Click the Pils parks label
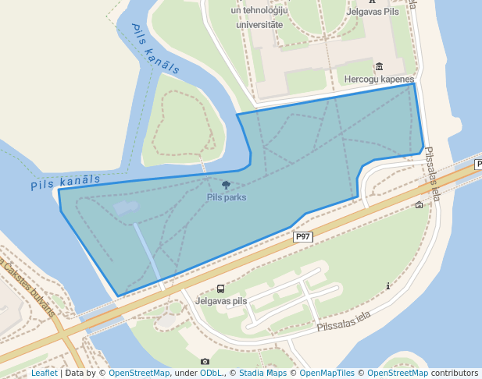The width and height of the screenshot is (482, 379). [x=227, y=197]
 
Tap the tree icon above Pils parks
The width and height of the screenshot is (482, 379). [x=227, y=186]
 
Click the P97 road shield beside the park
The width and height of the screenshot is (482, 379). [x=303, y=236]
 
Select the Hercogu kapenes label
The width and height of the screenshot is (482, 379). [x=379, y=80]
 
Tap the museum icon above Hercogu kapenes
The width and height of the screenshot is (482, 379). [x=380, y=67]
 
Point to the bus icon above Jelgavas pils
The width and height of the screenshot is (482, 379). [x=220, y=289]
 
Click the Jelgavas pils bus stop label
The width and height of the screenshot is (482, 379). [x=221, y=300]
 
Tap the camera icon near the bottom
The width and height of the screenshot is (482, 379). [x=205, y=361]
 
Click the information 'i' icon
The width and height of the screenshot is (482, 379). [x=388, y=286]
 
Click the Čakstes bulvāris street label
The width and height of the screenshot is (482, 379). [x=28, y=285]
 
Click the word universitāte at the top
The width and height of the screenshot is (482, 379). [x=259, y=24]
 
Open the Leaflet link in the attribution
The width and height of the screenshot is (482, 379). [x=45, y=374]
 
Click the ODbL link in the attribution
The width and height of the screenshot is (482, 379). [x=210, y=374]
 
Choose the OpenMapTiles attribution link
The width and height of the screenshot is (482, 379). [x=327, y=374]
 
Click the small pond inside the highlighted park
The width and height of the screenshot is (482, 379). [x=125, y=207]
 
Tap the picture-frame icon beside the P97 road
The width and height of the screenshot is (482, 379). [x=420, y=205]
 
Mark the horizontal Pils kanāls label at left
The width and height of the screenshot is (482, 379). [x=66, y=182]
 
